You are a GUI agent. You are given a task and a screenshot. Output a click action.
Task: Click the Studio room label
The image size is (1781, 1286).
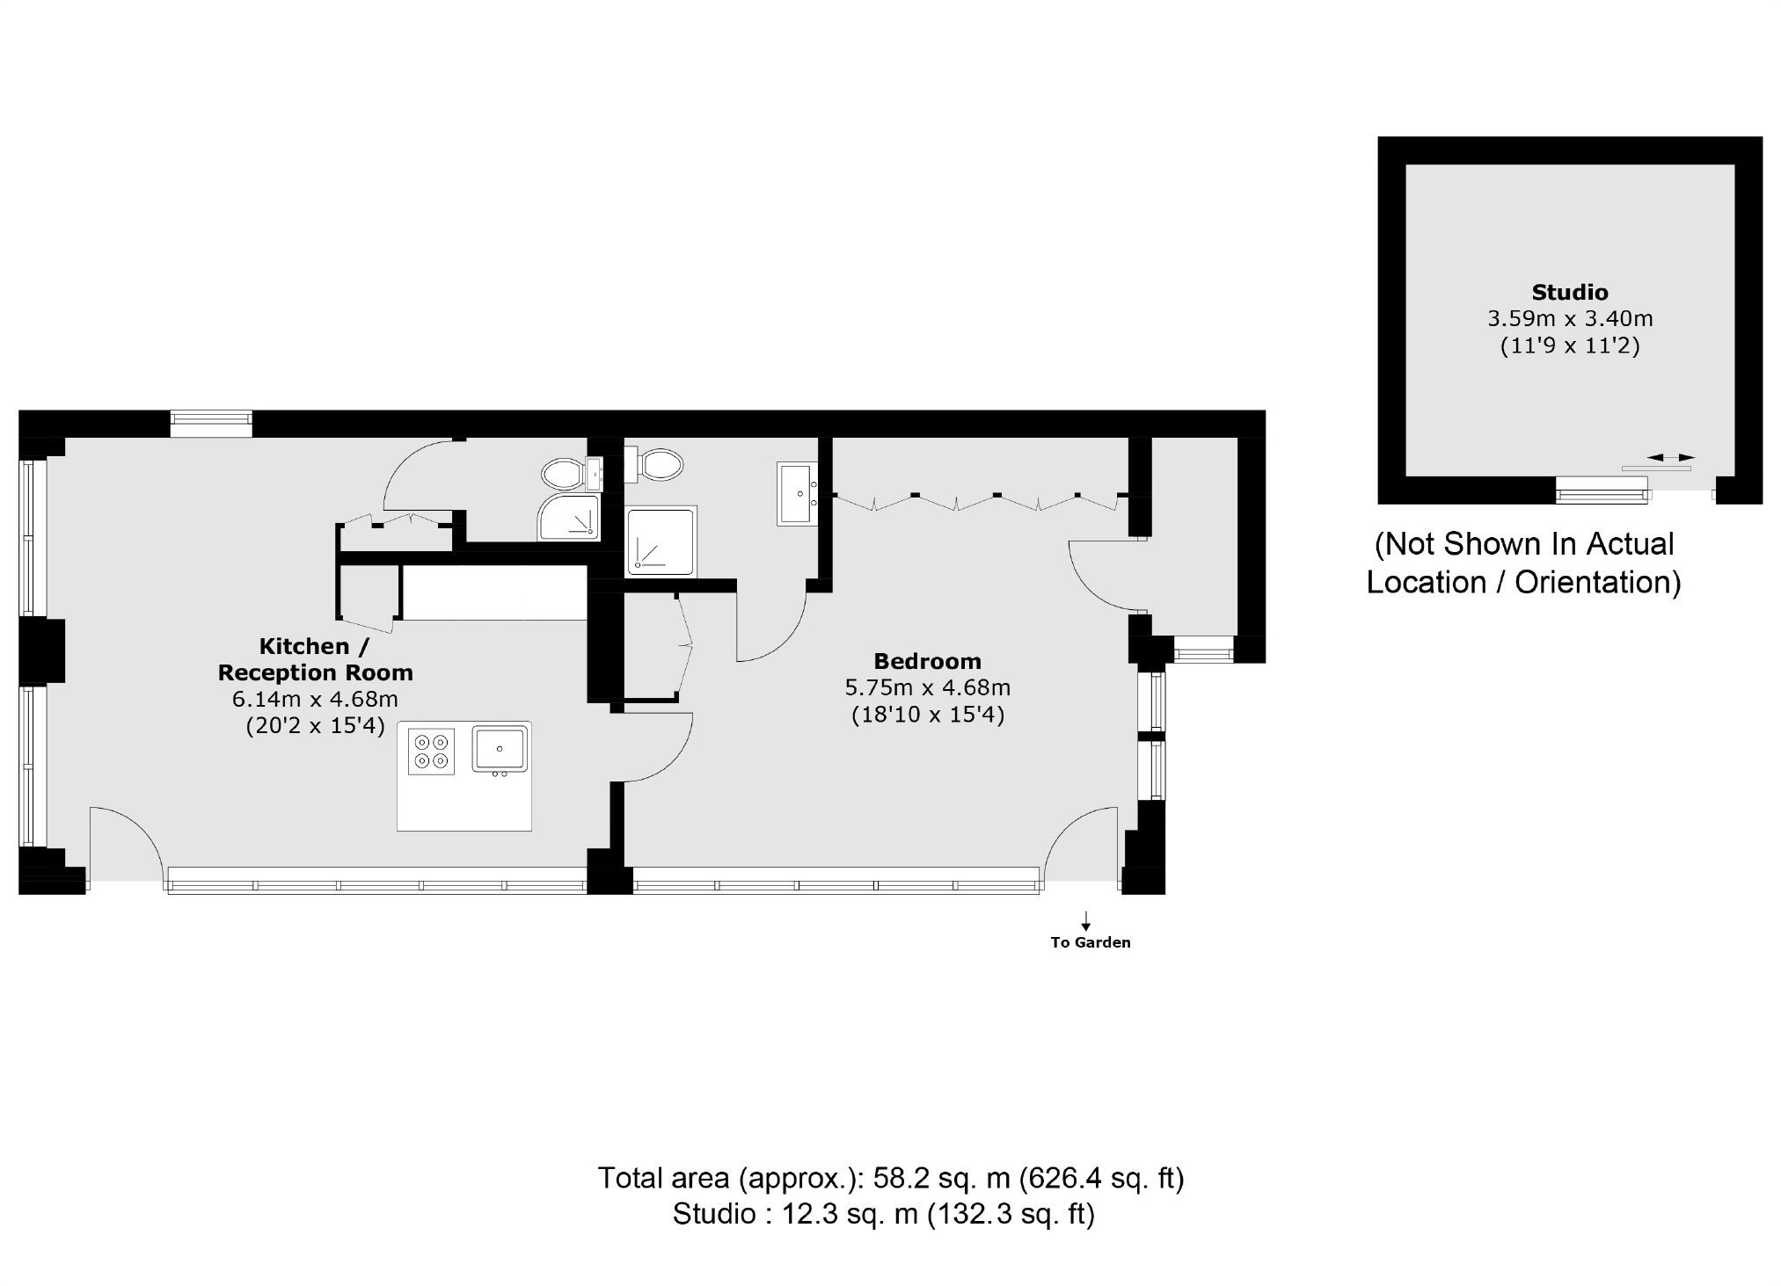pos(1570,292)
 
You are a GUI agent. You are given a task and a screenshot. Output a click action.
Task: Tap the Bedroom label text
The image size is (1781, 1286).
pos(927,661)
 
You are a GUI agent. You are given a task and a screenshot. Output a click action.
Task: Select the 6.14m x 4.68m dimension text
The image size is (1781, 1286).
pos(315,700)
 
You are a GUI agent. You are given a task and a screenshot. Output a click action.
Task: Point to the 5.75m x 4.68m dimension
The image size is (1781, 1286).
pos(927,687)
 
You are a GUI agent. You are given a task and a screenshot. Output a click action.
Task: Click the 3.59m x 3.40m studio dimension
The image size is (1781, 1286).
pos(1570,318)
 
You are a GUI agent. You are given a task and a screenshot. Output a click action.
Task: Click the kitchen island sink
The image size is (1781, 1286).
pos(500,750)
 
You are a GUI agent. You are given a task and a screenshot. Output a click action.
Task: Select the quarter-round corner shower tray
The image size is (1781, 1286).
pos(569,517)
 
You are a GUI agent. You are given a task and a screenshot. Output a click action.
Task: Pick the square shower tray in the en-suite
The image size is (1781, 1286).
pos(661,541)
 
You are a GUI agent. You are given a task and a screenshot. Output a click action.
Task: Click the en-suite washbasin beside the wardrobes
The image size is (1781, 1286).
pos(799,494)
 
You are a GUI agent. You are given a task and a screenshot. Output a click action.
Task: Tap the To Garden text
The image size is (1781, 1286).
pos(1091,943)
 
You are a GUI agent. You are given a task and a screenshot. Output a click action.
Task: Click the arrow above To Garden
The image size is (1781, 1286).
pos(1087,921)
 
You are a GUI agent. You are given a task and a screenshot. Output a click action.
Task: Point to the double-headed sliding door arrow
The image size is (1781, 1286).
pos(1671,457)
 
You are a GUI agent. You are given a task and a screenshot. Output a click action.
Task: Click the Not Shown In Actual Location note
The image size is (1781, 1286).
pos(1524,563)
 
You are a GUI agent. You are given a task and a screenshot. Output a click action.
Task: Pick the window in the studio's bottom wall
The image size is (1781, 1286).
pos(1602,489)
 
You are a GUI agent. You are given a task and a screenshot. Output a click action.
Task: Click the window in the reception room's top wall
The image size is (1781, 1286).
pos(211,424)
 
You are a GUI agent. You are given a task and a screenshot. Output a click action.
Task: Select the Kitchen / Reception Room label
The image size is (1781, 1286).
pos(315,659)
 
